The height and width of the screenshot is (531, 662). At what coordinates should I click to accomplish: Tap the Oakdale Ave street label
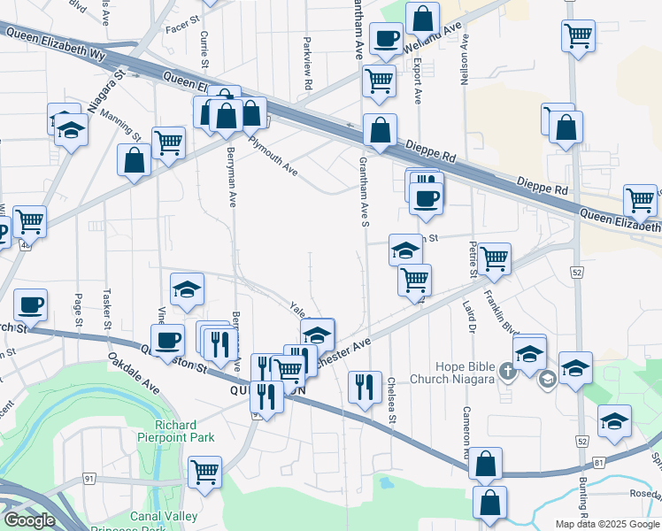[x=134, y=374]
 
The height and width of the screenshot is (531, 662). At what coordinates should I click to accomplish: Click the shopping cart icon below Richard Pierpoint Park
[x=204, y=471]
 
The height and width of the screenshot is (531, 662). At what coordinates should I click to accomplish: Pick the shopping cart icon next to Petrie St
[x=494, y=258]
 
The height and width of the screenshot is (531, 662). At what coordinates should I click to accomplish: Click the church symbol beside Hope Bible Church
[x=506, y=369]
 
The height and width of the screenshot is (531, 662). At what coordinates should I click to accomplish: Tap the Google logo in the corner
[x=29, y=521]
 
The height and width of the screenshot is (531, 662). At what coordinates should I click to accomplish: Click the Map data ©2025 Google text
[x=606, y=524]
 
